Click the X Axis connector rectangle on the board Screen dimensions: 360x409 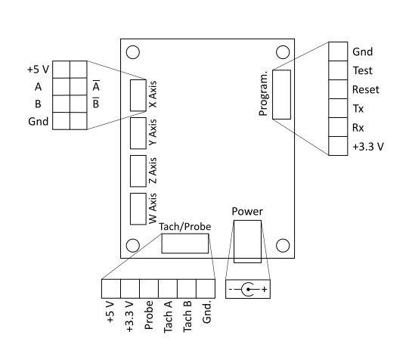(x=138, y=95)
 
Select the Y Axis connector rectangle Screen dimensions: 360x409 (x=138, y=132)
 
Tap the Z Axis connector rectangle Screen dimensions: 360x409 (x=138, y=170)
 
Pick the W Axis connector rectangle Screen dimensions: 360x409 (x=138, y=209)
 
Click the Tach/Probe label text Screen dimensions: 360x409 (x=184, y=225)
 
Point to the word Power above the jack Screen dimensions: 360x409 (x=247, y=212)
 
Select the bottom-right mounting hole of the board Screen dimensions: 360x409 (x=284, y=245)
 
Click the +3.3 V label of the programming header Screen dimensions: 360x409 (x=368, y=146)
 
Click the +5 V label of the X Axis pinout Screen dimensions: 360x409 (x=37, y=70)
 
